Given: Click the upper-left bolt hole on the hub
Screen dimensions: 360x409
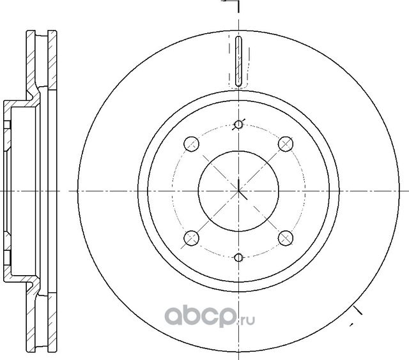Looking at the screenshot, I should (190, 143).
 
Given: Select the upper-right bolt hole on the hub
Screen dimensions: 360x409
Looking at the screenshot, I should (285, 143).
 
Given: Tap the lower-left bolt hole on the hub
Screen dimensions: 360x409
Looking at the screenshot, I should (190, 239).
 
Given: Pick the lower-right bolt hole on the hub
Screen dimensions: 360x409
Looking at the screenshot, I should (285, 239).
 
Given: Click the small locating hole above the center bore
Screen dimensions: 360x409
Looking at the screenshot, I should (238, 124).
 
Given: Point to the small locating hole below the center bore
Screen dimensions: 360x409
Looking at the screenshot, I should (238, 258).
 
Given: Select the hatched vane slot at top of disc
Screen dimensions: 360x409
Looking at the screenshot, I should (238, 61).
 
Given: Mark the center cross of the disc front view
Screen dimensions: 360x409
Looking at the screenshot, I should (238, 190).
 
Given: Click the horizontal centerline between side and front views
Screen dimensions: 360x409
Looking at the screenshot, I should (64, 190).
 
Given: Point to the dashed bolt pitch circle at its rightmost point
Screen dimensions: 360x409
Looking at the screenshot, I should (305, 190).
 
